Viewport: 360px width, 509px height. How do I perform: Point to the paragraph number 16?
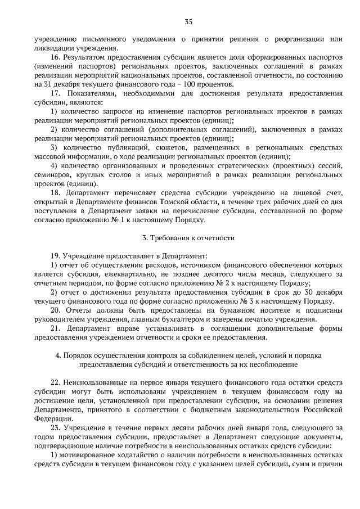pyautogui.click(x=56, y=57)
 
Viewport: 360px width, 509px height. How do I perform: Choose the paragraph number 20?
pyautogui.click(x=56, y=310)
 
